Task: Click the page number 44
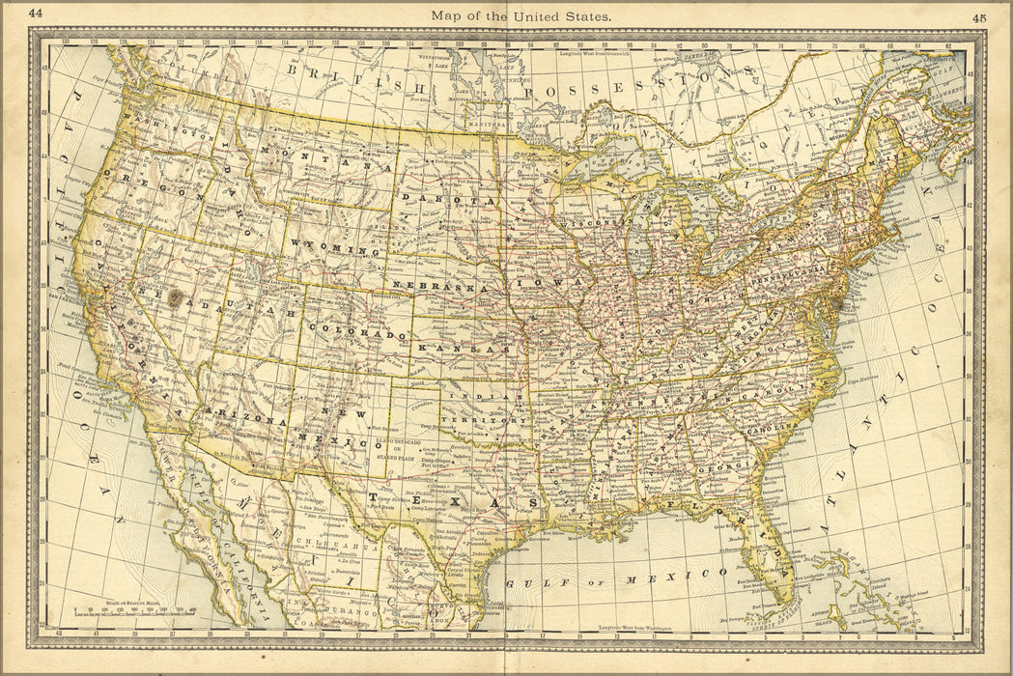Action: coord(36,14)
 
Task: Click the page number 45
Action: coord(979,16)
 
